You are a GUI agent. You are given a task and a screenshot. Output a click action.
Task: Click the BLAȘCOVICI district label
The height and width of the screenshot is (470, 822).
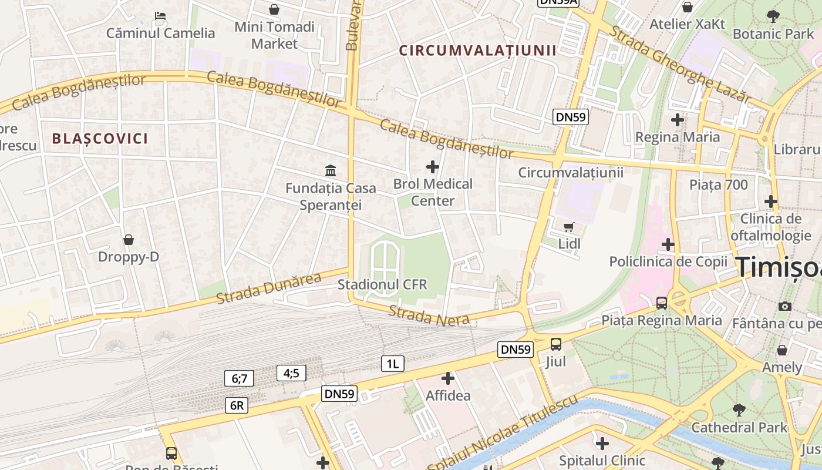100,139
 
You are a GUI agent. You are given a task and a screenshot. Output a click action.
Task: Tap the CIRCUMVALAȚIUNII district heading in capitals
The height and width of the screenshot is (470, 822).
477,51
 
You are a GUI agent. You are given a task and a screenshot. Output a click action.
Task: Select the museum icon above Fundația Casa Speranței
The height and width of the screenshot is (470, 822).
331,171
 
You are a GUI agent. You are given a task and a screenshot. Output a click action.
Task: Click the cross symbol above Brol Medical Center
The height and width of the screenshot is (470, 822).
433,167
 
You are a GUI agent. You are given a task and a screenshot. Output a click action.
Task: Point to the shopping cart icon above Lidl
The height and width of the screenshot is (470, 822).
568,227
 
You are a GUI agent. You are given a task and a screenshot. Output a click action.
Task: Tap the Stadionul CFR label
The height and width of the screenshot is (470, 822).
382,285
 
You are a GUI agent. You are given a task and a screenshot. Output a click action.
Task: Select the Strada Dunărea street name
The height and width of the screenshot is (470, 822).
269,288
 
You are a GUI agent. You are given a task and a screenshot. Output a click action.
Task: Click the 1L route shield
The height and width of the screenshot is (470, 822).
393,364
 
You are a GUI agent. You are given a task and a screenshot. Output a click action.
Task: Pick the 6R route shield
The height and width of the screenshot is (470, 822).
237,405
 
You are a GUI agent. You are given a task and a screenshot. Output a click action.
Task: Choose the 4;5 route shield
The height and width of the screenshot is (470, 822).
291,372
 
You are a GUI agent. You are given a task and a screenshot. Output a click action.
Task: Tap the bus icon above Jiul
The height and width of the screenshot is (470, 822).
556,344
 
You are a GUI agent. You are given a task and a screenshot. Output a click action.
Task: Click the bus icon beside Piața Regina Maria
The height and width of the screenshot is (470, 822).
662,303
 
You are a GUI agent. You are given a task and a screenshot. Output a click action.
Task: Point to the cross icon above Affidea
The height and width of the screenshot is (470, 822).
448,379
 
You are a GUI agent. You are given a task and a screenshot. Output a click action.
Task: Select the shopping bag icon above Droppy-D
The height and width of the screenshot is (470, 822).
129,240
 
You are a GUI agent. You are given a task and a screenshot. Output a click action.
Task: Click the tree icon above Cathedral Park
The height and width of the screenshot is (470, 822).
739,410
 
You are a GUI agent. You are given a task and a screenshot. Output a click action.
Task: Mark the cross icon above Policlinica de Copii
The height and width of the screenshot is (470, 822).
668,244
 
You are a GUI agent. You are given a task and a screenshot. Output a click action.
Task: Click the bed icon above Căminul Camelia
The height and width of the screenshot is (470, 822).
160,16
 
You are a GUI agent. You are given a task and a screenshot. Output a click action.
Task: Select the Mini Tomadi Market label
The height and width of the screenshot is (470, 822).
274,35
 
